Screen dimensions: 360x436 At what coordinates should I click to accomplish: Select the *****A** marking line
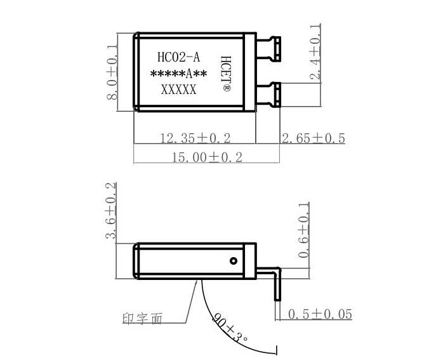(x=178, y=74)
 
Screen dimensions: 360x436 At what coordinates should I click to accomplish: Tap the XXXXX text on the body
(x=178, y=90)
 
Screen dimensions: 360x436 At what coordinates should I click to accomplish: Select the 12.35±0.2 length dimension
(x=195, y=138)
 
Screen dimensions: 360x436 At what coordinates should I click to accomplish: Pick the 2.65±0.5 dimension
(x=313, y=138)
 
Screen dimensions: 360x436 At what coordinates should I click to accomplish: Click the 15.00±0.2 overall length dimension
(x=208, y=157)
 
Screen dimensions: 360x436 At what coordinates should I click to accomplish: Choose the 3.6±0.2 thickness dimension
(x=111, y=211)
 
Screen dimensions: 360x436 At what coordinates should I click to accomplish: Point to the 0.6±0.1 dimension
(x=304, y=231)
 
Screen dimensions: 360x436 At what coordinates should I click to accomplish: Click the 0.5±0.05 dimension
(x=320, y=314)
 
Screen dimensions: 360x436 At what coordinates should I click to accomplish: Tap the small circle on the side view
(x=233, y=260)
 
